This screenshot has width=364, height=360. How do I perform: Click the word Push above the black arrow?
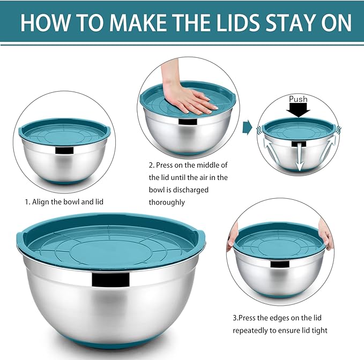tap(298, 100)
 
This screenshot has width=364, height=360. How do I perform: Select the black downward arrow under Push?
tap(298, 110)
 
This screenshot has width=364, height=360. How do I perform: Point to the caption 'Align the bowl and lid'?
tap(64, 202)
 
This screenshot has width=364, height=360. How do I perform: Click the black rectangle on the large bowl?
tap(110, 279)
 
